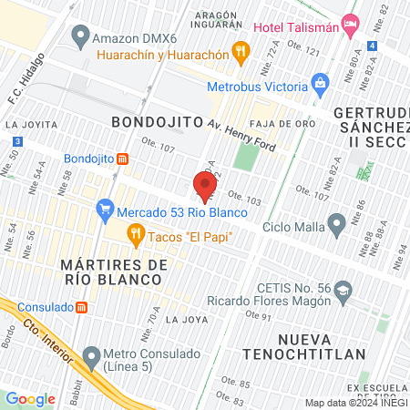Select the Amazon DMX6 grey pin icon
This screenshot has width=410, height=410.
click(x=81, y=38)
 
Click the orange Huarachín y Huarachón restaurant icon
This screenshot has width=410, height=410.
click(x=241, y=52)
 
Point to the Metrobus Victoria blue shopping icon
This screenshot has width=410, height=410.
click(x=320, y=87)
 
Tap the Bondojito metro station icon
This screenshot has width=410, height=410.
click(x=122, y=158)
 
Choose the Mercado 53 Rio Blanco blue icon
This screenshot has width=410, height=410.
click(x=105, y=212)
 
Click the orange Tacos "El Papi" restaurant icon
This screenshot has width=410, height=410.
click(x=137, y=238)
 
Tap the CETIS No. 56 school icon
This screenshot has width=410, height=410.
click(x=343, y=291)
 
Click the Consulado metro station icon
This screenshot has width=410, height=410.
click(x=82, y=307)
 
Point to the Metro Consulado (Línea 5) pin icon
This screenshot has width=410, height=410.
click(x=90, y=354)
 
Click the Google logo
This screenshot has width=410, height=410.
click(x=30, y=398)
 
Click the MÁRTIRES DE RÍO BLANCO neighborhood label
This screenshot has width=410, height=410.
click(x=114, y=272)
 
